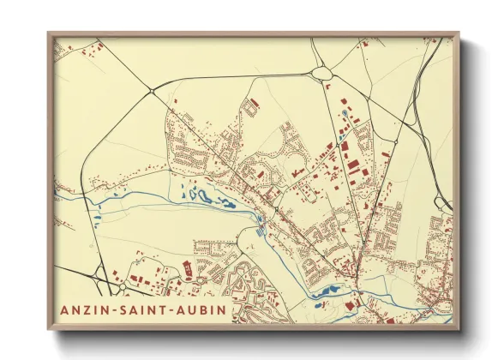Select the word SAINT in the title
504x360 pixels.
pyautogui.click(x=147, y=309)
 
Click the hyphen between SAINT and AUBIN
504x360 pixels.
pyautogui.click(x=176, y=309)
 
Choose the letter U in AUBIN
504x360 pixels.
pyautogui.click(x=195, y=309)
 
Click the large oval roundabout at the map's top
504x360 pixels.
pyautogui.click(x=322, y=73)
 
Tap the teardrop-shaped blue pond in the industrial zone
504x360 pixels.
pyautogui.click(x=345, y=113)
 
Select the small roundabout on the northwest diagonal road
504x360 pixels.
pyautogui.click(x=151, y=89)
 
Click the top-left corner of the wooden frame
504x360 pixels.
pyautogui.click(x=49, y=33)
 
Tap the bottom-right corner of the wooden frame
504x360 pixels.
pyautogui.click(x=459, y=329)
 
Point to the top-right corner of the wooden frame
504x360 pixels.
pyautogui.click(x=459, y=33)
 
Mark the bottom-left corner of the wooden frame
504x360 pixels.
pyautogui.click(x=49, y=329)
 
